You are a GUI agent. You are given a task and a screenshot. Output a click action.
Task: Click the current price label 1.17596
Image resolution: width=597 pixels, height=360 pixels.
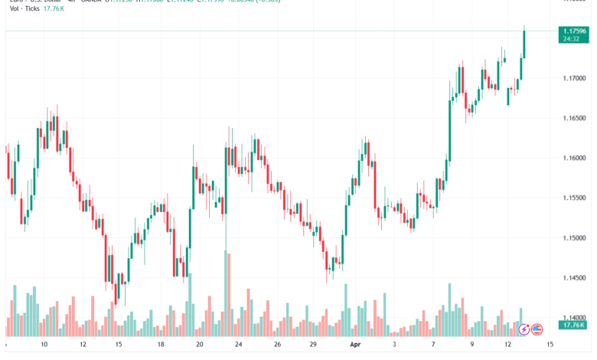tap(573, 31)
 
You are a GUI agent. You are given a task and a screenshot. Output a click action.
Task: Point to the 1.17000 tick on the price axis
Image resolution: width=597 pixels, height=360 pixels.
tap(574, 78)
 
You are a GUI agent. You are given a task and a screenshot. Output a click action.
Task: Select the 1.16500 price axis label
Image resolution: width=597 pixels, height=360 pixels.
tap(574, 118)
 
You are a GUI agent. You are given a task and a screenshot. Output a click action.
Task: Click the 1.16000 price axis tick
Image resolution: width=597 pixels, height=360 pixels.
tap(574, 158)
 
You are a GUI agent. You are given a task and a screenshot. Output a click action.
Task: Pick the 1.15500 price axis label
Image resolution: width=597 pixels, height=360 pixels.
tap(574, 198)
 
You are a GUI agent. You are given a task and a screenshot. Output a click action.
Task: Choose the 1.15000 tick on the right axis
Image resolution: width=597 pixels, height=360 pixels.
tap(574, 237)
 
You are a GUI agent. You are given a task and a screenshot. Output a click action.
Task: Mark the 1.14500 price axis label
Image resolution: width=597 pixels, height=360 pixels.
tap(574, 277)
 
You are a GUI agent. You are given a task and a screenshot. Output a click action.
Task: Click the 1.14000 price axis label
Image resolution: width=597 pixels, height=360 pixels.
tap(574, 317)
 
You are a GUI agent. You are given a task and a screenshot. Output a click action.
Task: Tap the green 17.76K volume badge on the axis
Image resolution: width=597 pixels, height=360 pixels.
tap(573, 326)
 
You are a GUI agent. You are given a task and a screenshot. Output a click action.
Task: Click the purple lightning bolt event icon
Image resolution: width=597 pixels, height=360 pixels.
tap(524, 329)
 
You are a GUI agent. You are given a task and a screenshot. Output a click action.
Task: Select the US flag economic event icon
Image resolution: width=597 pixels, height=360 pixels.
tap(537, 329)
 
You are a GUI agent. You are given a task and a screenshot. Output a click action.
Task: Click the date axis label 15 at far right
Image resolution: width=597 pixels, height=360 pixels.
tap(550, 345)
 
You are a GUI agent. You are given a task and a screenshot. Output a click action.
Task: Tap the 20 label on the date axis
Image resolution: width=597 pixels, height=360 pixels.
tap(200, 345)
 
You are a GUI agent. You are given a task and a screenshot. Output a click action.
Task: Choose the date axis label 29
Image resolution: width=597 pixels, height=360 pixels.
tap(314, 345)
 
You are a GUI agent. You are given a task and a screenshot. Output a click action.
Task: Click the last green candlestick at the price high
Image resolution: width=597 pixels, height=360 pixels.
tap(524, 43)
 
